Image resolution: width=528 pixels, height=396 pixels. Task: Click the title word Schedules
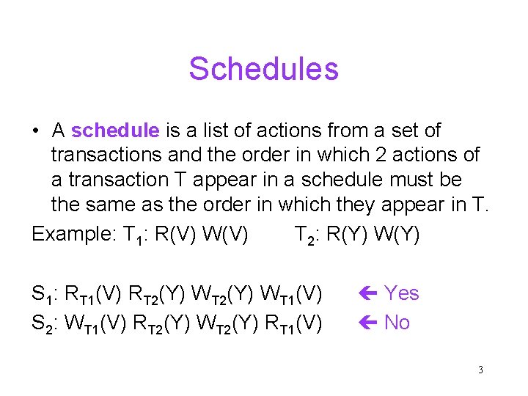click(x=263, y=69)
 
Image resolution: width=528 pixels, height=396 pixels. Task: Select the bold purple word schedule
click(x=115, y=131)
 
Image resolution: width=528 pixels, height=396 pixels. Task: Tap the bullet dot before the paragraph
click(x=35, y=132)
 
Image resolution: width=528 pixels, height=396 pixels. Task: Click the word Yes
click(x=402, y=293)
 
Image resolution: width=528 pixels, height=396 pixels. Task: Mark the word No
click(x=397, y=323)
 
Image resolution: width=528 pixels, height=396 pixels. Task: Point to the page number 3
click(x=480, y=370)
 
